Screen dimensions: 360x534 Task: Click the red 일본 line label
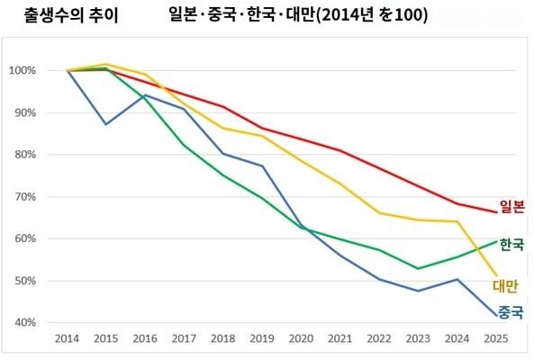(x=512, y=206)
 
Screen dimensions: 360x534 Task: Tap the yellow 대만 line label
(x=506, y=286)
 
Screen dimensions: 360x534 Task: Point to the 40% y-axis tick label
(x=23, y=322)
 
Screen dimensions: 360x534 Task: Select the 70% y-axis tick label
(x=23, y=196)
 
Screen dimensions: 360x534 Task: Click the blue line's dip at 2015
(x=106, y=124)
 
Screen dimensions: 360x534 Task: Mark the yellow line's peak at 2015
(x=106, y=64)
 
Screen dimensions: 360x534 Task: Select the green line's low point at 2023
(x=417, y=268)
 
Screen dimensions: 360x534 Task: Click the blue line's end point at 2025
(x=494, y=316)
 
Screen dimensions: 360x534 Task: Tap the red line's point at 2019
(x=262, y=129)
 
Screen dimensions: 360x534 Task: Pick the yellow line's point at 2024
(x=456, y=221)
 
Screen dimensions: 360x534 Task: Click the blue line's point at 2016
(x=145, y=94)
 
